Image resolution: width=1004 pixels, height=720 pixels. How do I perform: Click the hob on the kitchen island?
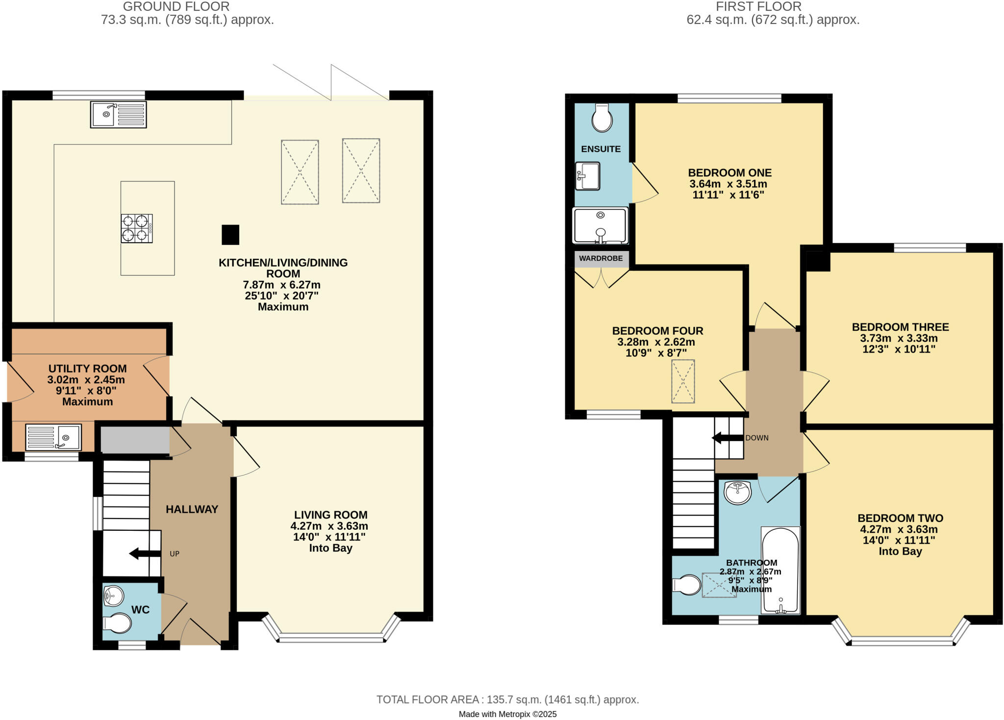click(x=137, y=228)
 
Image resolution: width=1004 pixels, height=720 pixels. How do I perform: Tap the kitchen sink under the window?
click(x=118, y=115)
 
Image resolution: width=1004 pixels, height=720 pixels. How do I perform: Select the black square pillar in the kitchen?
click(x=230, y=235)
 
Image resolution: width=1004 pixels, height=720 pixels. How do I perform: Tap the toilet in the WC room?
click(x=118, y=623)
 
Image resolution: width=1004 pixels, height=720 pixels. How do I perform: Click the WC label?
click(x=140, y=610)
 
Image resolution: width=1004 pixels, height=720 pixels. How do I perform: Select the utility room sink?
click(x=53, y=437)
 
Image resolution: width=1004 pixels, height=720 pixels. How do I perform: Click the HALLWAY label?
click(x=192, y=509)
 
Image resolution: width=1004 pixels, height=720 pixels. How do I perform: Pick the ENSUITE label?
click(x=601, y=149)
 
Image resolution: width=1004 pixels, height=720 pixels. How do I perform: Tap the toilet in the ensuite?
click(x=602, y=118)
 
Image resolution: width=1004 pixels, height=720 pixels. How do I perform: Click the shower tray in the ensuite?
click(x=601, y=226)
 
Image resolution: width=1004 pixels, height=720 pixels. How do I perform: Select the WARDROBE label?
click(x=601, y=258)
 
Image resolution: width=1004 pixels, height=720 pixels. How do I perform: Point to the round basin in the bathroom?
click(x=738, y=493)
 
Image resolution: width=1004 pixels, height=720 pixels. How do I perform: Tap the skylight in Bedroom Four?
click(x=683, y=381)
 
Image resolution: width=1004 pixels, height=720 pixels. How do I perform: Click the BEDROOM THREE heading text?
click(x=900, y=327)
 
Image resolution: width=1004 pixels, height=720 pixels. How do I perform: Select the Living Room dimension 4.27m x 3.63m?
click(x=329, y=526)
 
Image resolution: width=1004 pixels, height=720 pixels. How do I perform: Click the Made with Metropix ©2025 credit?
click(x=507, y=714)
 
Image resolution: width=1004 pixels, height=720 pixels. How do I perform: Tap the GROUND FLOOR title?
click(x=176, y=7)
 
